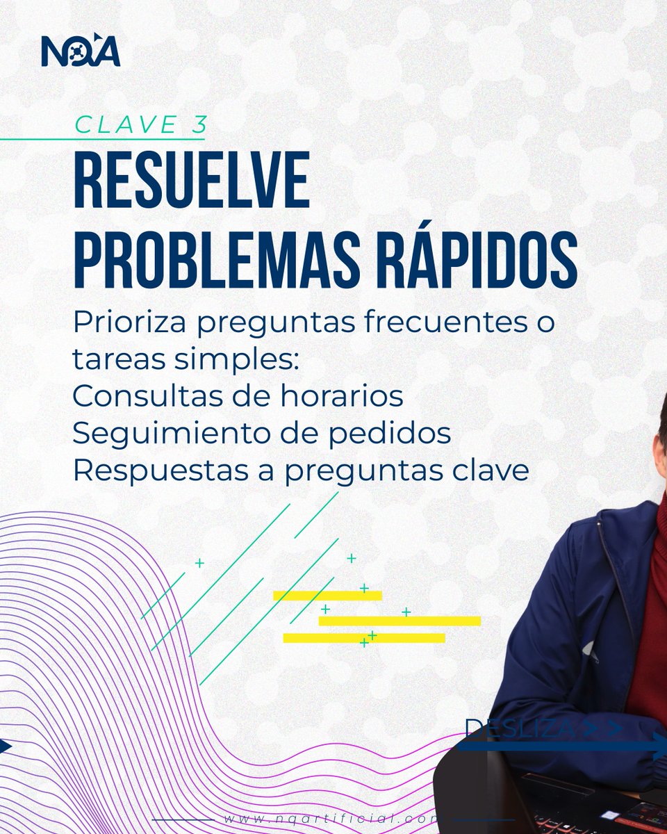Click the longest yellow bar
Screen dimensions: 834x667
point(400,621)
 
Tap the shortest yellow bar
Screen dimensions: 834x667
point(327,596)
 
